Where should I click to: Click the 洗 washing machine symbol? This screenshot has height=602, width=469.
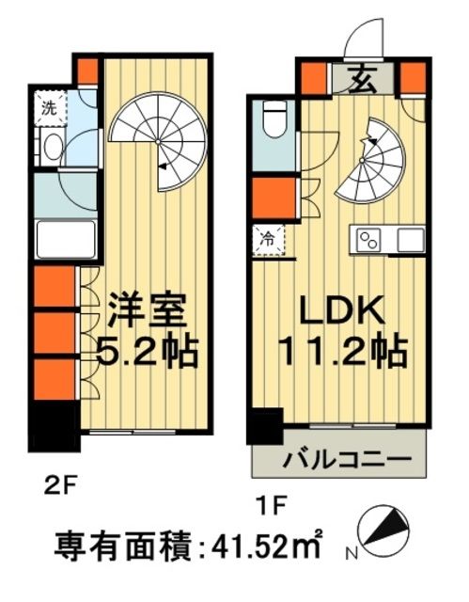(x=48, y=107)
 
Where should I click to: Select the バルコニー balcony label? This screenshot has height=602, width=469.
(x=348, y=461)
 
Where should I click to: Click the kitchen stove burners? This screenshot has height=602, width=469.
(x=368, y=239)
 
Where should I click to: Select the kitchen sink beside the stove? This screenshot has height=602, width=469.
(x=410, y=239)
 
